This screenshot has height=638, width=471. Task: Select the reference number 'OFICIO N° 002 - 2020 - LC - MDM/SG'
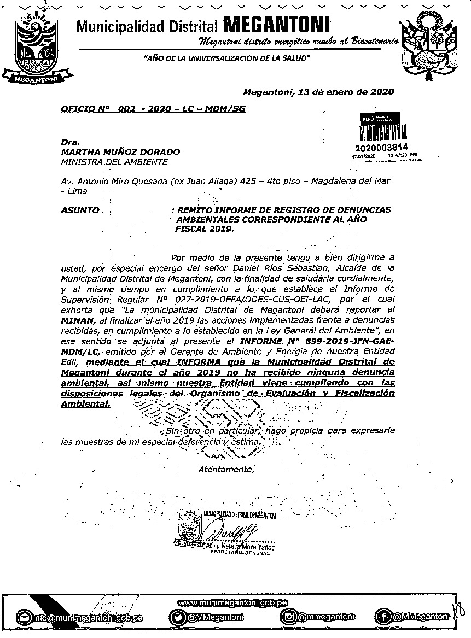[153, 109]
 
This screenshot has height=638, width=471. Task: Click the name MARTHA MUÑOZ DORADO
[120, 152]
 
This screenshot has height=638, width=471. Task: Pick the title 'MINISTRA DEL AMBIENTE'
[114, 162]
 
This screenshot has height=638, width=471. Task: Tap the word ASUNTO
[80, 210]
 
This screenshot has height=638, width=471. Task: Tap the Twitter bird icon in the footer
[177, 618]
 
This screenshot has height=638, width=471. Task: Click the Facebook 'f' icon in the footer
[382, 617]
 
